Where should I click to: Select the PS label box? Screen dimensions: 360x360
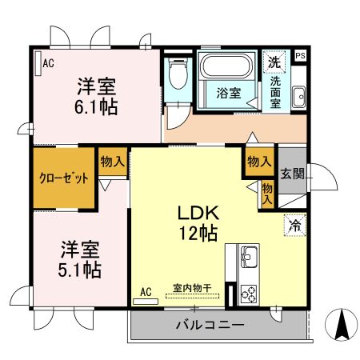[300, 55]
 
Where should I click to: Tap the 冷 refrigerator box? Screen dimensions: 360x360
[294, 226]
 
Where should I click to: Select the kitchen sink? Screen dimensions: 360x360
[247, 258]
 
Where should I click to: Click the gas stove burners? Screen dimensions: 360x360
[247, 294]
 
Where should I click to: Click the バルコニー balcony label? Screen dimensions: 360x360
[210, 324]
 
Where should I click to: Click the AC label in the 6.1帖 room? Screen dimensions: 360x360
[49, 63]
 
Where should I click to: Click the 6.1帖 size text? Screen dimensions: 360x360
[98, 106]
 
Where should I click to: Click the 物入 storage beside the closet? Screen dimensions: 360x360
[112, 162]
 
